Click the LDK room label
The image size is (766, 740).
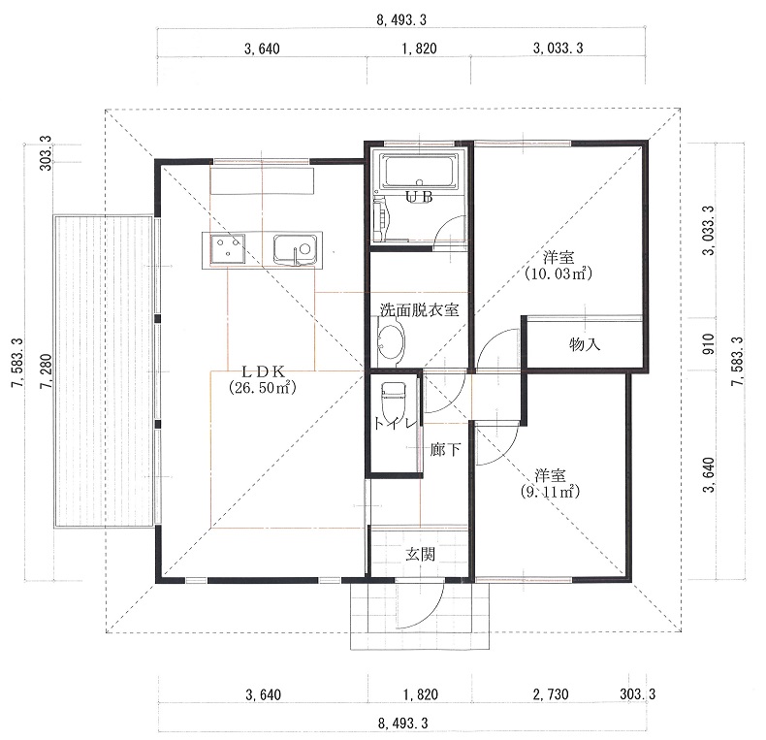coord(263,371)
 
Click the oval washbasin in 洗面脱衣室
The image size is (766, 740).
coord(392,342)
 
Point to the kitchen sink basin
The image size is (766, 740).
coord(295,249)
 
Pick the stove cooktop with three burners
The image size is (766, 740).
coord(227,248)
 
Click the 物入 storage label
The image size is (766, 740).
coord(585,344)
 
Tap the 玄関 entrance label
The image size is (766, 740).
coord(420,554)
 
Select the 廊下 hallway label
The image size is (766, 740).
coord(444,449)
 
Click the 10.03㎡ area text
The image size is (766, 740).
coord(558,273)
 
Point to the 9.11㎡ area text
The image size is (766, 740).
coord(550,492)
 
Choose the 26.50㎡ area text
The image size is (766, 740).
coord(263,388)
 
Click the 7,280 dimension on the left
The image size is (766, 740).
coord(47,371)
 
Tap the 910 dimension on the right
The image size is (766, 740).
coord(709,344)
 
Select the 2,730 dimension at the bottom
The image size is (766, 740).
coord(551,694)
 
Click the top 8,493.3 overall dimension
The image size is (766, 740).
coord(401,20)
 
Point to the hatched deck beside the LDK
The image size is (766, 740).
coord(104,371)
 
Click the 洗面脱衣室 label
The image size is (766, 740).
coord(420,310)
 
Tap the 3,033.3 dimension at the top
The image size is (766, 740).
coord(558,48)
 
